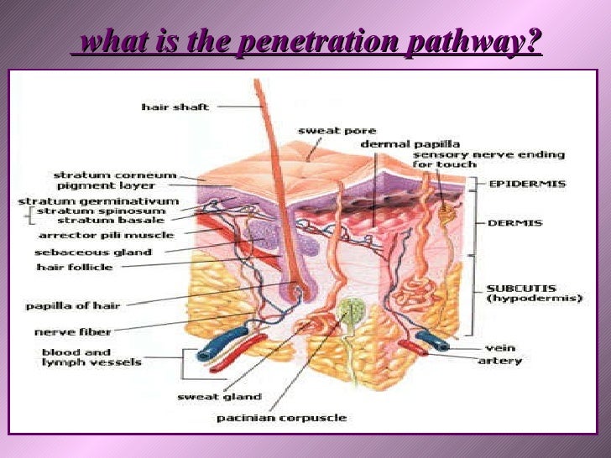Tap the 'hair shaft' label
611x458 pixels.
pos(175,107)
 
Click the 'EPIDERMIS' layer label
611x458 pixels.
pos(527,183)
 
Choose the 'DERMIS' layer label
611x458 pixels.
pos(514,223)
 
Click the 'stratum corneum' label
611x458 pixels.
pos(115,175)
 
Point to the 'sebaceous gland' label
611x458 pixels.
pos(93,252)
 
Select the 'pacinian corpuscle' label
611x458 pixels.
pos(281,417)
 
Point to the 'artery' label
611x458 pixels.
pos(499,361)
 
